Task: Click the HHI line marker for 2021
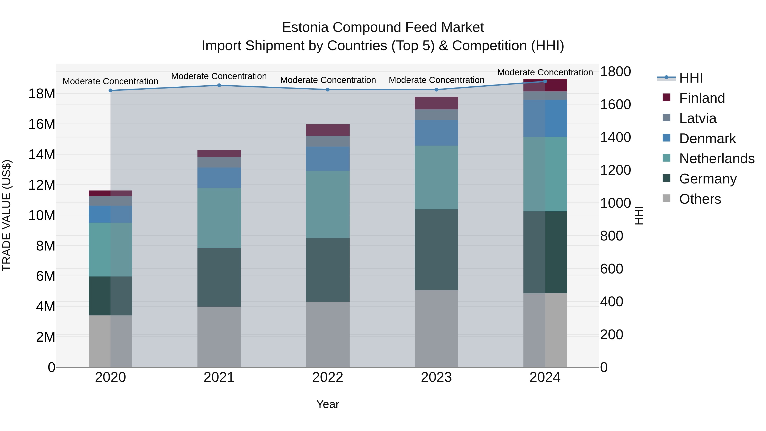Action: click(219, 85)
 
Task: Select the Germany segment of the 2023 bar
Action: click(436, 250)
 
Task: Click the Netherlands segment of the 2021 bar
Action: click(219, 218)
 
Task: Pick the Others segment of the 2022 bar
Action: click(328, 334)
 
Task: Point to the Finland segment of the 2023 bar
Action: click(436, 103)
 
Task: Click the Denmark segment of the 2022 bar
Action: click(328, 159)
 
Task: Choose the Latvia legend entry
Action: click(697, 118)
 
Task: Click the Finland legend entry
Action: click(702, 98)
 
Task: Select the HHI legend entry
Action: click(690, 78)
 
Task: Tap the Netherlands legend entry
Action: click(716, 159)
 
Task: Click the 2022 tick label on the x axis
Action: click(328, 377)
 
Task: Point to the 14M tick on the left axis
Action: click(42, 155)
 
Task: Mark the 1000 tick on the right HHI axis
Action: click(615, 203)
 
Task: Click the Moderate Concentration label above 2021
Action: click(219, 76)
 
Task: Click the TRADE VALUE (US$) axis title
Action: click(7, 215)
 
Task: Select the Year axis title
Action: click(328, 404)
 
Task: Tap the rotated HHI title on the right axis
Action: click(639, 215)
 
